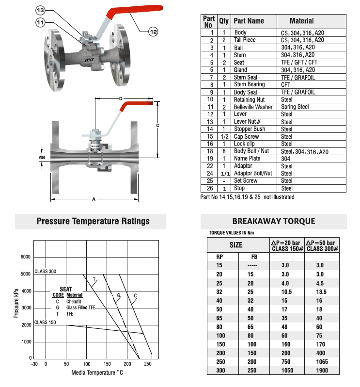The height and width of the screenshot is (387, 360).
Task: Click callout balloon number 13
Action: click(41, 10)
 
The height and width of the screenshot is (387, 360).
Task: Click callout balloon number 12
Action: click(153, 32)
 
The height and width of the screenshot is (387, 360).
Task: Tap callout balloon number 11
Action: click(41, 21)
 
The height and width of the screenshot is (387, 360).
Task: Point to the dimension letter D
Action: click(120, 99)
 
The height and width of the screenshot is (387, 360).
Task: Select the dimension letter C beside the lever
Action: click(157, 126)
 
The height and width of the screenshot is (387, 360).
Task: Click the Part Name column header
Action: click(249, 21)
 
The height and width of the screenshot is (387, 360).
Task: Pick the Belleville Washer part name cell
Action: click(253, 107)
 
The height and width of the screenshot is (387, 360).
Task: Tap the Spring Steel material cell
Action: click(295, 107)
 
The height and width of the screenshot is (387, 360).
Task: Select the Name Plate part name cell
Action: click(248, 159)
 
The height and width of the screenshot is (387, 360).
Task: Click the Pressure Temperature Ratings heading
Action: click(94, 222)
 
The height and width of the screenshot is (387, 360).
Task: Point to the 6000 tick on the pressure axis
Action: click(25, 257)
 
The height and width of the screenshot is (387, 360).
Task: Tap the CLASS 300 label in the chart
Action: click(46, 272)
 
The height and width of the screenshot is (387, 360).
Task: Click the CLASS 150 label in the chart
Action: click(46, 322)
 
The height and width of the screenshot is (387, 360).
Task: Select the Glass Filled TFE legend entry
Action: click(82, 307)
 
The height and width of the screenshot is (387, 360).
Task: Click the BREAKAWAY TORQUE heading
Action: click(274, 222)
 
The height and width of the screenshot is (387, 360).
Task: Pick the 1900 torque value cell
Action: click(321, 371)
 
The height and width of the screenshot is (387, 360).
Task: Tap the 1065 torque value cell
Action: click(321, 362)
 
